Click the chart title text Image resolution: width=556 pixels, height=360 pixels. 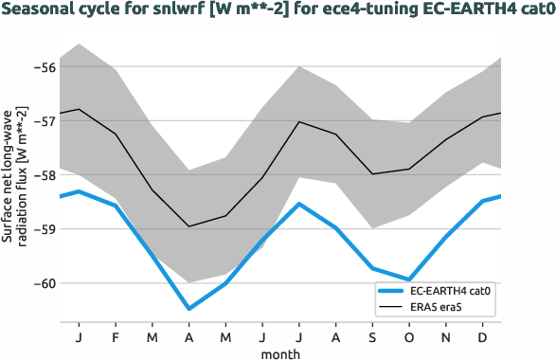[278, 11]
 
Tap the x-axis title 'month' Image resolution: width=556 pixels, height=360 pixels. [280, 352]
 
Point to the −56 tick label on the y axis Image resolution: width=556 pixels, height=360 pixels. [42, 66]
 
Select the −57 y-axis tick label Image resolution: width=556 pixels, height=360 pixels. [42, 120]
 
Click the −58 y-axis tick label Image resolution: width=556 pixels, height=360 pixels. [42, 175]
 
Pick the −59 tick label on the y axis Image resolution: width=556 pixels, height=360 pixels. [42, 229]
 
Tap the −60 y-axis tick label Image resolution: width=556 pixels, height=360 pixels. [42, 283]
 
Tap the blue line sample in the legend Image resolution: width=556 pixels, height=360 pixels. [393, 291]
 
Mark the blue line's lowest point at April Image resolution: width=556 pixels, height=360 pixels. [188, 308]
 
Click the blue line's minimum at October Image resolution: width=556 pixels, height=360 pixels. [410, 279]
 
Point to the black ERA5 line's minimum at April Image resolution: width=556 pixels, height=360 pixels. [188, 226]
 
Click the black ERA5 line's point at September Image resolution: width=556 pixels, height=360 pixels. [373, 173]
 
